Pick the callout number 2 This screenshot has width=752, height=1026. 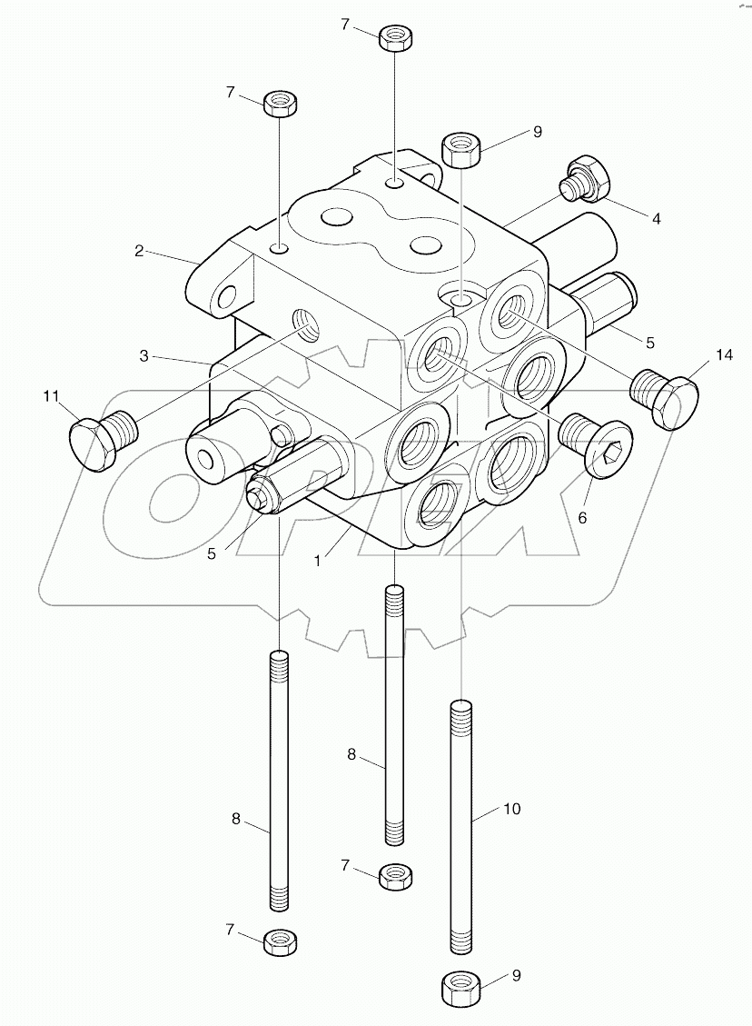[x=139, y=251]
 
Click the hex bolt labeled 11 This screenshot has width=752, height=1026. [x=97, y=438]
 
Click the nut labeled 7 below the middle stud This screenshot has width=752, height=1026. [x=393, y=876]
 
